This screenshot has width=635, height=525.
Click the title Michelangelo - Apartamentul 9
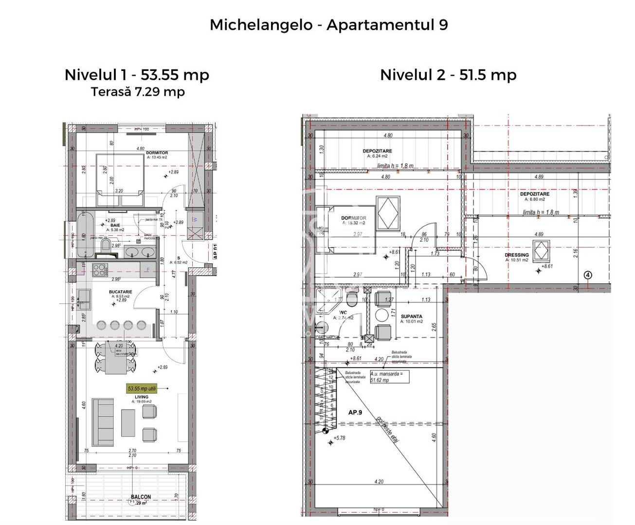tap(328, 25)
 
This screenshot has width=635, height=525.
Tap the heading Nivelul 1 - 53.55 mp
tap(137, 75)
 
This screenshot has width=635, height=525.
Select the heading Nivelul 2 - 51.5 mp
tap(448, 75)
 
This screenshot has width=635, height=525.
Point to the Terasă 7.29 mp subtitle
tap(138, 92)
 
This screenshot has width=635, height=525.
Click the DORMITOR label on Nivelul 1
tap(157, 153)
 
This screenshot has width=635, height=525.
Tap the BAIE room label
tap(115, 226)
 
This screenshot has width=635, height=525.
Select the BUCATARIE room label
tap(120, 292)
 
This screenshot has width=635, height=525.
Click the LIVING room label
tap(142, 397)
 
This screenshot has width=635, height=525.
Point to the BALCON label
tap(141, 497)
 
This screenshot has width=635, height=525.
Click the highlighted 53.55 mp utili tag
tap(142, 389)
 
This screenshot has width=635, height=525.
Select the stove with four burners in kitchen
tap(99, 269)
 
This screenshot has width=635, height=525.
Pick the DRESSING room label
tap(516, 255)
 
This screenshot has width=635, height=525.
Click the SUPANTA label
tap(411, 316)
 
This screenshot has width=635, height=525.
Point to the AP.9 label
tap(355, 412)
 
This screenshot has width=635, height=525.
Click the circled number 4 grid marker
tap(588, 276)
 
